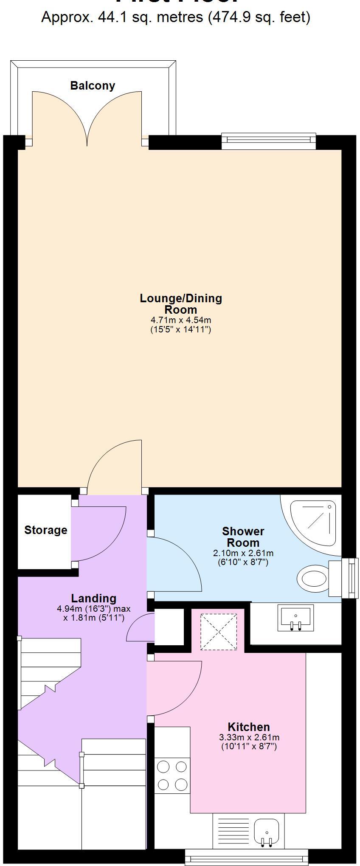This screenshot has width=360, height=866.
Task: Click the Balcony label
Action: pos(93,86)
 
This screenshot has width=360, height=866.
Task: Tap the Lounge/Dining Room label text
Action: pos(181,304)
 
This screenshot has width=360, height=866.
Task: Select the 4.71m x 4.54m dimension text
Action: pos(181,320)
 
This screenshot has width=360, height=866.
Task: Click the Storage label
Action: pos(45,530)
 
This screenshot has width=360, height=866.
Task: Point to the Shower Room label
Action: pos(243,537)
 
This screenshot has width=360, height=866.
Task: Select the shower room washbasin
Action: pos(296,618)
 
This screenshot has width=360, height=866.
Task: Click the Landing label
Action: pos(93,598)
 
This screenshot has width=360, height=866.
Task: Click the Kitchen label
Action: pos(249,727)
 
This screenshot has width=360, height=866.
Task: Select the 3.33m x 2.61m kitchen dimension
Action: pos(249,737)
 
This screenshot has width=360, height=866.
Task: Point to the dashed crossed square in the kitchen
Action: pos(219,631)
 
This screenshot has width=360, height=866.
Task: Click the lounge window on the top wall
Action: pos(269,141)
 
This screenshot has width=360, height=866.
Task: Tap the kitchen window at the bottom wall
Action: pos(246,857)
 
